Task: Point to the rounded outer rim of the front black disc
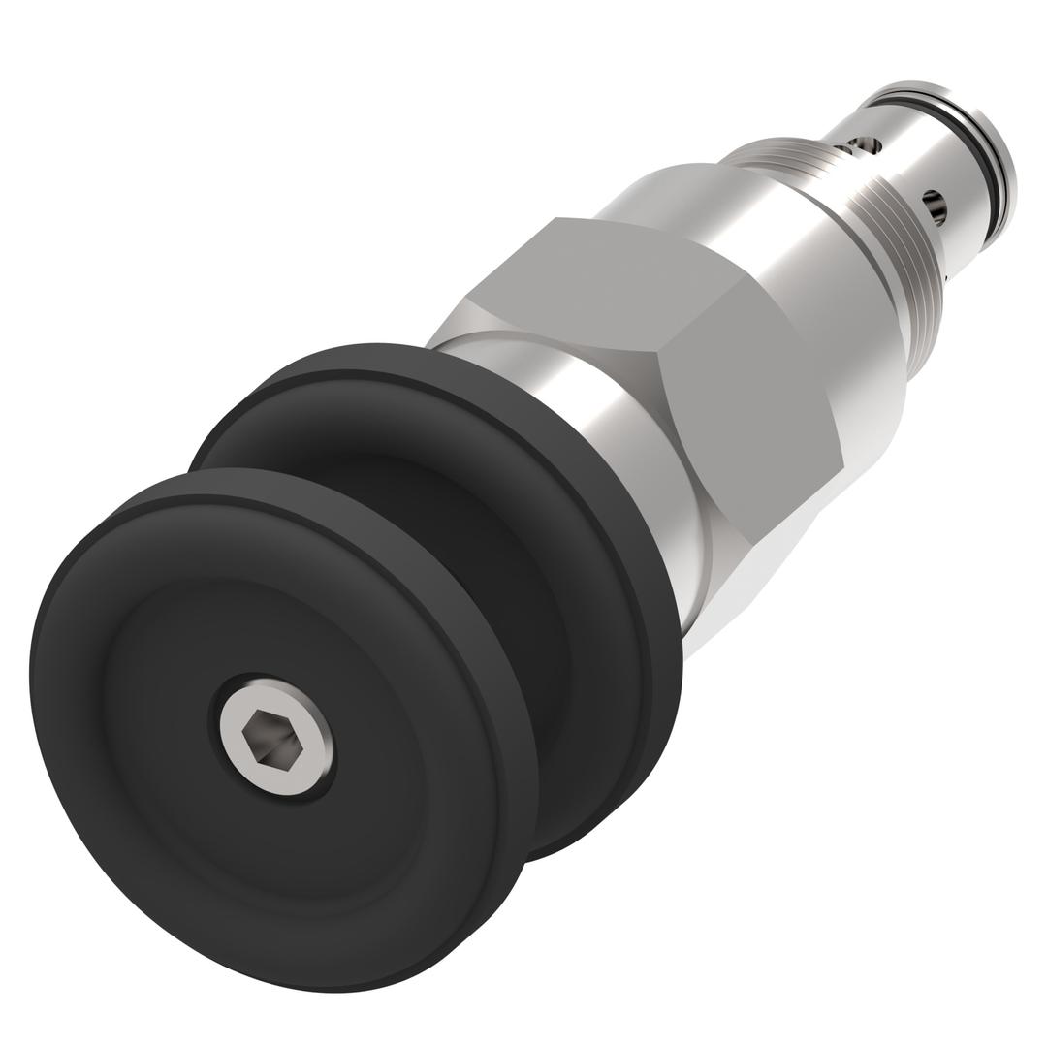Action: point(116,853)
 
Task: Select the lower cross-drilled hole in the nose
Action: point(935,205)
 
